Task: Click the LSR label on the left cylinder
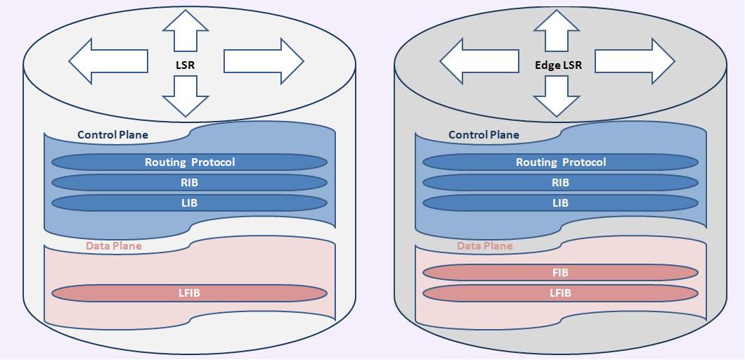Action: click(186, 64)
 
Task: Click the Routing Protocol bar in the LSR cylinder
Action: click(190, 162)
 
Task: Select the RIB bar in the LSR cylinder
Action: click(190, 183)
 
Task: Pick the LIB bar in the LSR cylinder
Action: click(190, 203)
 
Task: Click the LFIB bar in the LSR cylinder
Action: click(190, 293)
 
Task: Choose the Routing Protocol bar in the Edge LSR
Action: click(561, 162)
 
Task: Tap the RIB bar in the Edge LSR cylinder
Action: click(561, 183)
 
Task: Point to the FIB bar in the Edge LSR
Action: click(561, 273)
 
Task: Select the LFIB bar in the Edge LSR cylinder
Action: click(561, 293)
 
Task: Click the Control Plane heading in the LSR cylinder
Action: click(112, 135)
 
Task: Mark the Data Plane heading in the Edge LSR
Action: click(485, 246)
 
